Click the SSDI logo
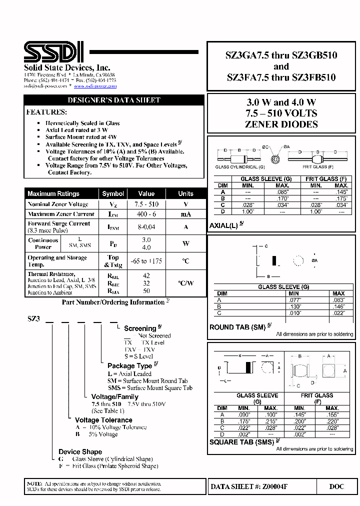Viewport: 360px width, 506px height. [x=54, y=51]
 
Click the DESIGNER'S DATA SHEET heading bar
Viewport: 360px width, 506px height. [x=114, y=100]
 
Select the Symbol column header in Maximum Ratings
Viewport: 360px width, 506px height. [x=113, y=193]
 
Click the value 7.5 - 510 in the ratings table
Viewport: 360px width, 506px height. [x=146, y=204]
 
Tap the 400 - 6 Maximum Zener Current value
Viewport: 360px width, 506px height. [x=146, y=214]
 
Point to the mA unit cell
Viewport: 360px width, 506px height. [x=185, y=214]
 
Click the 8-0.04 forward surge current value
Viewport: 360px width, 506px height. [x=146, y=226]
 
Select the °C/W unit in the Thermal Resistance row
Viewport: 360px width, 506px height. [x=185, y=282]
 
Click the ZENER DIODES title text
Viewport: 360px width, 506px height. [x=281, y=124]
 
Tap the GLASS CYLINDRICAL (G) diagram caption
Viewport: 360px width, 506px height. [x=237, y=167]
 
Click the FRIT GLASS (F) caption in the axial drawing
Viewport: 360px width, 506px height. [x=317, y=167]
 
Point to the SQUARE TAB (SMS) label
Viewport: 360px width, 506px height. [x=242, y=442]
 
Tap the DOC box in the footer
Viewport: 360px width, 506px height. [x=336, y=486]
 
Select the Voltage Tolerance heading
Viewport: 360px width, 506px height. [x=103, y=420]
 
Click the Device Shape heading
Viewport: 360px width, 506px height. [x=80, y=451]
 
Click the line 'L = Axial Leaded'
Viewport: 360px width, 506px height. [x=129, y=373]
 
